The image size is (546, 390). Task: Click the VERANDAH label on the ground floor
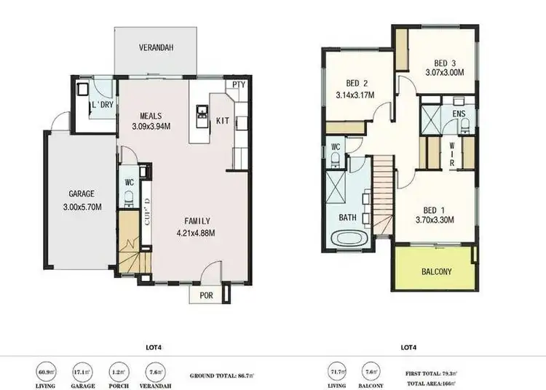(156, 48)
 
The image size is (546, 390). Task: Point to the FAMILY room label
(197, 220)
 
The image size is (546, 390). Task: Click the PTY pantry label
(238, 85)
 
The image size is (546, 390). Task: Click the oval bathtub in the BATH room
(348, 238)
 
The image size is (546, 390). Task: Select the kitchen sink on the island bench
(202, 114)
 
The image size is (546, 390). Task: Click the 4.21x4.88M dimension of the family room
(197, 234)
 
